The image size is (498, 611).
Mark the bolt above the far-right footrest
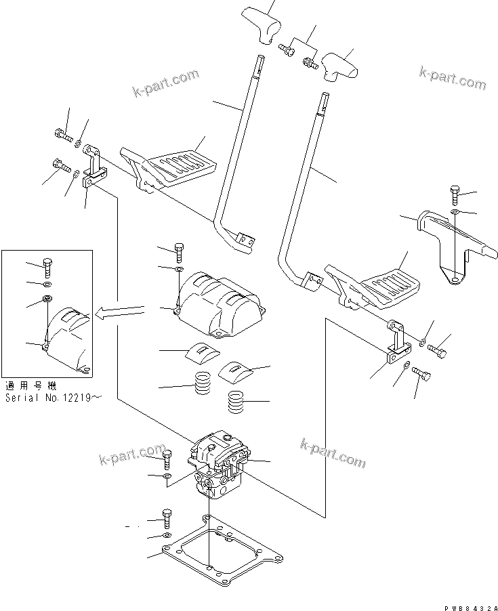[x=455, y=194]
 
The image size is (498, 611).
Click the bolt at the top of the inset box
[x=47, y=266]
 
